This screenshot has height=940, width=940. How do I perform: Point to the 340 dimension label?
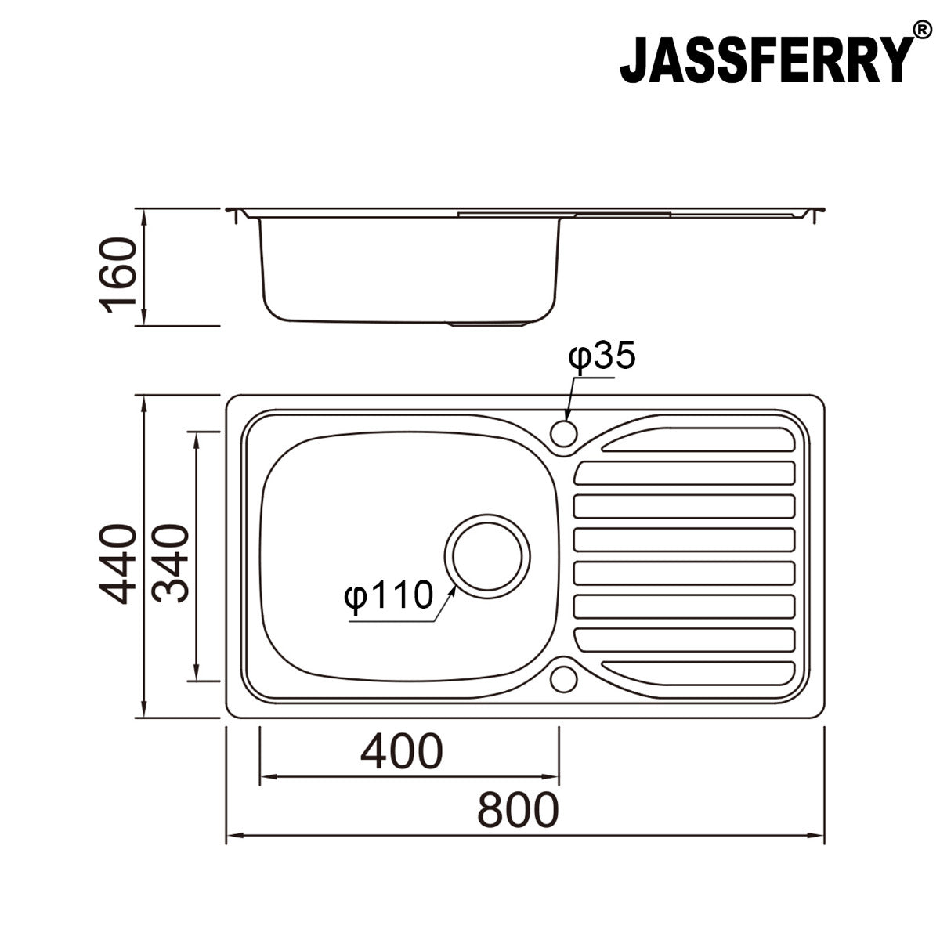click(171, 564)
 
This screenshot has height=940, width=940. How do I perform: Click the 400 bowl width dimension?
click(401, 751)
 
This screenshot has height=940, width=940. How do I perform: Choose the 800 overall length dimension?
click(519, 810)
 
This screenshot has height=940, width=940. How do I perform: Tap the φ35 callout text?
click(602, 356)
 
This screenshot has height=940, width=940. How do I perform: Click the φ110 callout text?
click(389, 596)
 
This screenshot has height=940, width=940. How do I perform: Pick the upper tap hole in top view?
click(564, 432)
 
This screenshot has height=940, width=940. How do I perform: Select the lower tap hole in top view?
click(564, 678)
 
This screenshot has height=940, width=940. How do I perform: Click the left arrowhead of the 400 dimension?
click(264, 777)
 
